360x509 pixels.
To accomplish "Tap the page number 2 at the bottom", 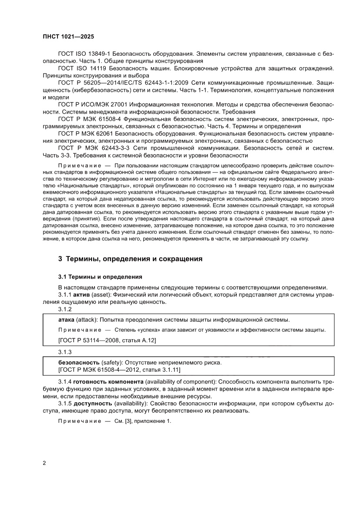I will coord(45,462).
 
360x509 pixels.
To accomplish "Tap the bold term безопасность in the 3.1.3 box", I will coord(78,362).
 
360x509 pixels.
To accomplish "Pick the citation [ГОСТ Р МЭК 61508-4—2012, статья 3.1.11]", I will coord(119,370).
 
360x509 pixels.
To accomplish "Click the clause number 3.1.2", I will coord(64,309).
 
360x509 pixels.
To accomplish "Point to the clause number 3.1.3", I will coord(64,351).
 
